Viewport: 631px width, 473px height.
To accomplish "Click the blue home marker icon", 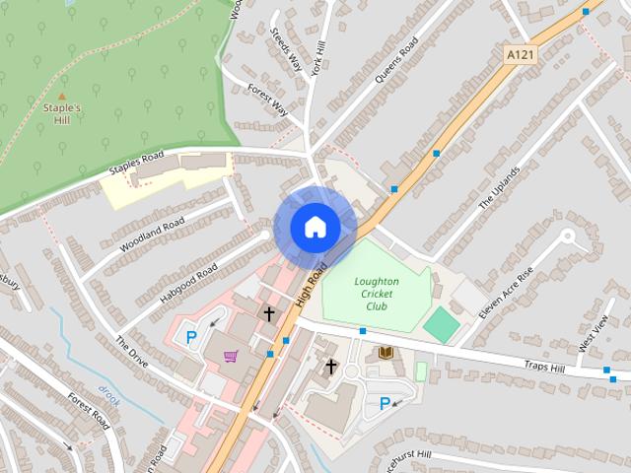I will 315,228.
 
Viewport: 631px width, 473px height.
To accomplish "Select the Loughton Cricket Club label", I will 376,294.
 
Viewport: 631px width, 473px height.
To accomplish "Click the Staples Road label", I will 135,167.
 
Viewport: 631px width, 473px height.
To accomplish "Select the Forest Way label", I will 267,101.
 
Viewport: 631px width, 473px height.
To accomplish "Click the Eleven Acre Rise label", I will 505,295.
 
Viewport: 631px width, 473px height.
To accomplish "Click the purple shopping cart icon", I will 231,356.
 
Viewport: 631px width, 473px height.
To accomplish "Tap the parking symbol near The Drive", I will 192,337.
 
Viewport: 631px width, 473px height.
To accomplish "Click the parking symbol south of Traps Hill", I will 386,403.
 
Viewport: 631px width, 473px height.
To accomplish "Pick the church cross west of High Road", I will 269,313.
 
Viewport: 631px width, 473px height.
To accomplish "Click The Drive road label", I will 131,353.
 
